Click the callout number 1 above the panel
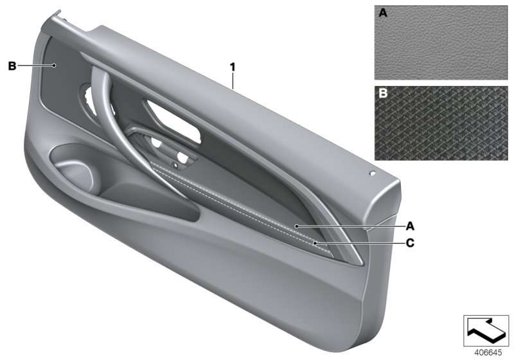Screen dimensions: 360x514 click(233, 67)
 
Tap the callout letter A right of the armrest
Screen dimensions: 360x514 click(409, 226)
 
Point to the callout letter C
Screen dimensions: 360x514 click(409, 243)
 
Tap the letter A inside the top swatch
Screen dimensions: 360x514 click(383, 13)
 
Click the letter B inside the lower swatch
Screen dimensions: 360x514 click(383, 94)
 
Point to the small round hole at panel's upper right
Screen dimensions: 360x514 click(371, 173)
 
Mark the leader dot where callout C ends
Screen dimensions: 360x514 click(315, 243)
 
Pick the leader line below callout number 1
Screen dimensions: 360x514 click(233, 80)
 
